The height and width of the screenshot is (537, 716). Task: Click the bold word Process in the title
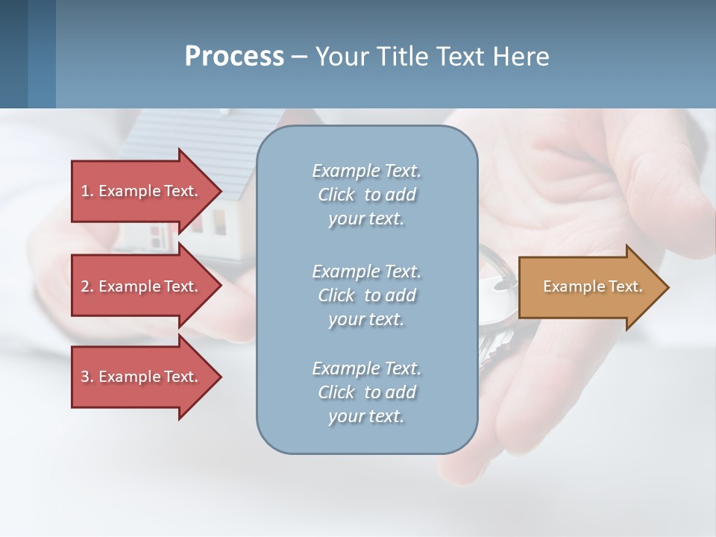pos(234,57)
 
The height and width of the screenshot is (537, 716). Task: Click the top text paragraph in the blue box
pos(366,195)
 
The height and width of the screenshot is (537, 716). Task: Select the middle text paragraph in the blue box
pos(366,295)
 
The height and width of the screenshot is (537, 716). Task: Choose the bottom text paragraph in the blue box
pos(366,392)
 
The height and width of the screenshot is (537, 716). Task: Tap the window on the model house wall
pos(219,219)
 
